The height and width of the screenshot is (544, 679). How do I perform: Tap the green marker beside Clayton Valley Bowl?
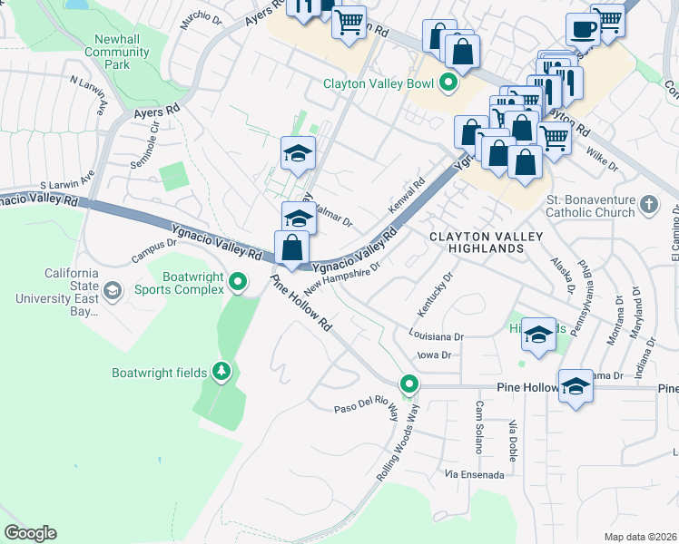pos(448,84)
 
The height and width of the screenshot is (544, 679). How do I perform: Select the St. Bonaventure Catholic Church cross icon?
pos(648,205)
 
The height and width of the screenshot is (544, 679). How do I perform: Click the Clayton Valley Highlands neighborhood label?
pos(486,243)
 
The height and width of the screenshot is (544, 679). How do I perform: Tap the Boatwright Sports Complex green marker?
pos(238,283)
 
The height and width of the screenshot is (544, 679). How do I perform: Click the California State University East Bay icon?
pos(113,291)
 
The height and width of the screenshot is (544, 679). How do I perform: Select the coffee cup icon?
pos(583,29)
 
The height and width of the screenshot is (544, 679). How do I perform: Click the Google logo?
pos(30,533)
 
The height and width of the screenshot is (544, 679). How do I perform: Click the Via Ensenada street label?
pos(467,474)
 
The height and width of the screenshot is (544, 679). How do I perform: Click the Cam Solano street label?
pos(477,427)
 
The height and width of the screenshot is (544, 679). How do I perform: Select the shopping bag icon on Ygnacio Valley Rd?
pos(292,248)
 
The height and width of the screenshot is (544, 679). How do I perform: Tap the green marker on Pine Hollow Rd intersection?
pos(409,384)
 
